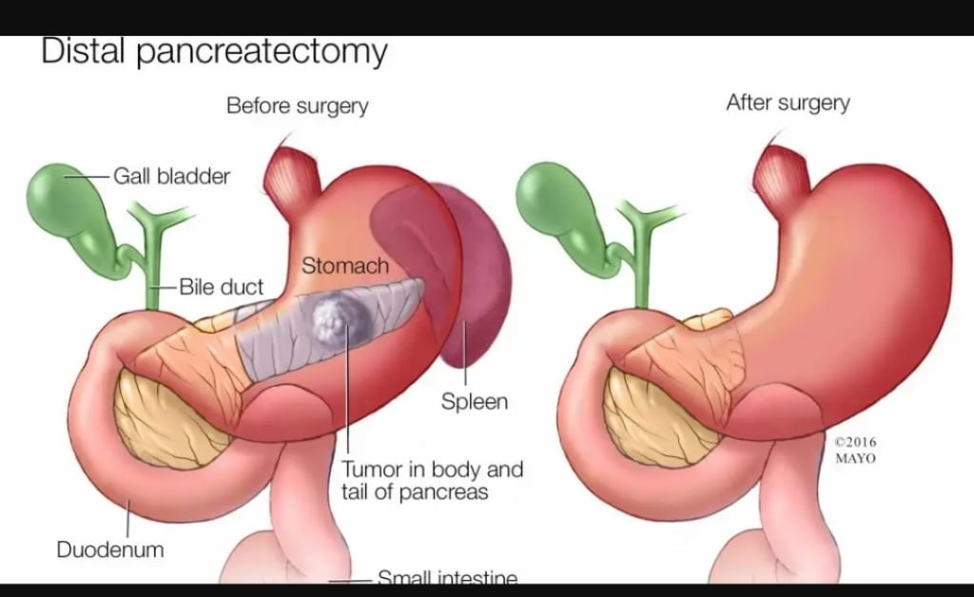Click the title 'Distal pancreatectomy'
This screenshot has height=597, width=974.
click(214, 52)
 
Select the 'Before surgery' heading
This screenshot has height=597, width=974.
click(297, 106)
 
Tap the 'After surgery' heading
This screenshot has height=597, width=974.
click(788, 103)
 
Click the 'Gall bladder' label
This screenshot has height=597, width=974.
click(171, 176)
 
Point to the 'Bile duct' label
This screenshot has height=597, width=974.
click(222, 286)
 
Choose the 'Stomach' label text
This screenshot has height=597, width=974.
click(345, 266)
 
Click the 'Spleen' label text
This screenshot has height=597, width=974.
click(474, 401)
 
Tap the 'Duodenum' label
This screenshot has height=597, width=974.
click(109, 549)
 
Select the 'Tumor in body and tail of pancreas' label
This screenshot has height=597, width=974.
click(432, 480)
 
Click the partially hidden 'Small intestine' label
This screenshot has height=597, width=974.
click(447, 577)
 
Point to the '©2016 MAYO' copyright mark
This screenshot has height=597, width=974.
click(855, 450)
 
